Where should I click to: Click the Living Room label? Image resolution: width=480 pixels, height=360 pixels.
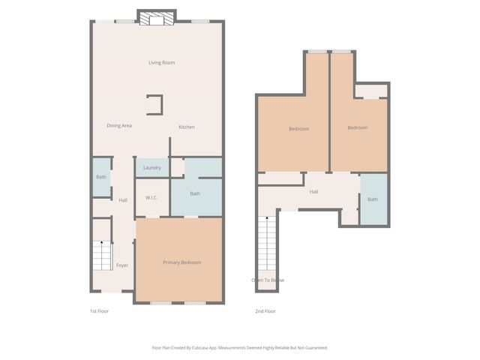(x=161, y=62)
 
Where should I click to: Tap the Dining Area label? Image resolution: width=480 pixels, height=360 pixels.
(x=119, y=125)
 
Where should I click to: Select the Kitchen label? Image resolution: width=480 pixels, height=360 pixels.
(x=186, y=127)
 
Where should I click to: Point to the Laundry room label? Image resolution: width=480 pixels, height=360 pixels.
(x=152, y=167)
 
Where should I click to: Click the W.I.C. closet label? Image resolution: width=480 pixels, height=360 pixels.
(x=151, y=198)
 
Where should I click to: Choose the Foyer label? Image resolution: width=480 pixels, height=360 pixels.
(x=121, y=265)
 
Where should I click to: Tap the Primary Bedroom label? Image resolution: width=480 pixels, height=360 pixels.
(x=181, y=262)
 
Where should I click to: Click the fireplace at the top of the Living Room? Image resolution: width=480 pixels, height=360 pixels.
(x=157, y=18)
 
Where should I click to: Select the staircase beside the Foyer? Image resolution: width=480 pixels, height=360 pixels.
(x=101, y=256)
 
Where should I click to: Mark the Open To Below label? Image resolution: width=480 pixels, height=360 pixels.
(x=268, y=280)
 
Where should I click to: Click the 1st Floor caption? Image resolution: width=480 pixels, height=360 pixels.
(x=99, y=310)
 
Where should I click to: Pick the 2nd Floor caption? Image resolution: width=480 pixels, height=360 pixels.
(x=265, y=310)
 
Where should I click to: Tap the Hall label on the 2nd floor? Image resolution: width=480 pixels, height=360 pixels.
(x=313, y=192)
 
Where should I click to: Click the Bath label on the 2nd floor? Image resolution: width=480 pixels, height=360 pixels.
(x=373, y=199)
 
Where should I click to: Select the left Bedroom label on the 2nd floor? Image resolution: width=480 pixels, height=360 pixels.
(x=298, y=129)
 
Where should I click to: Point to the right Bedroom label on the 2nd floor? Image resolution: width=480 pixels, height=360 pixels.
(x=358, y=127)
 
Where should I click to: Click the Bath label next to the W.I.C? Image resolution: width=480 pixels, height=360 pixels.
(x=195, y=194)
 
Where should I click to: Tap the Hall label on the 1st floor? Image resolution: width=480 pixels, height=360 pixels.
(x=122, y=199)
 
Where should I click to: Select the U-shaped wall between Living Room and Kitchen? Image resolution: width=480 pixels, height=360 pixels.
(x=155, y=104)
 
